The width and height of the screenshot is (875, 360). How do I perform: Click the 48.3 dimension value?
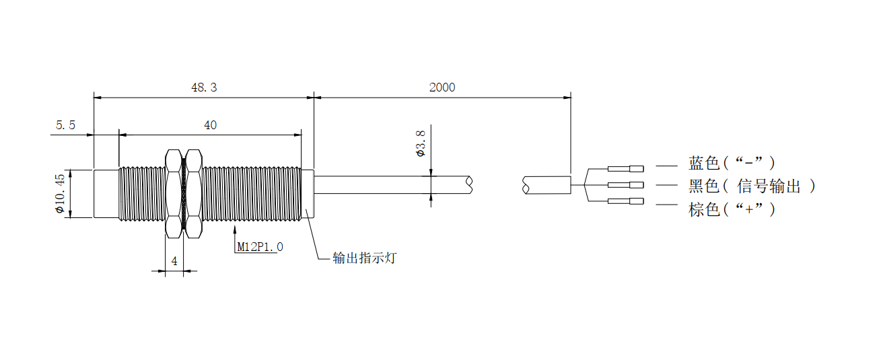[x=205, y=87]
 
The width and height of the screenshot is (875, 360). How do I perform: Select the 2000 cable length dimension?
[x=442, y=87]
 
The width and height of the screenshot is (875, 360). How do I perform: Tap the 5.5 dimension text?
[x=65, y=125]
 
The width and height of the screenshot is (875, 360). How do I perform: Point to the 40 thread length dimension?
[x=210, y=125]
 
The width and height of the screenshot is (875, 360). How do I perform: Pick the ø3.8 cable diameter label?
[x=421, y=144]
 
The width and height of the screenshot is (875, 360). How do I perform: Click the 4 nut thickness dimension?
[x=174, y=261]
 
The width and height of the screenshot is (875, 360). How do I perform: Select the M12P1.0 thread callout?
[x=260, y=247]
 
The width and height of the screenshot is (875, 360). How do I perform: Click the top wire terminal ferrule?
[x=625, y=168]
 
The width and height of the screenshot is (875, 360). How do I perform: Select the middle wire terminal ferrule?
[x=625, y=185]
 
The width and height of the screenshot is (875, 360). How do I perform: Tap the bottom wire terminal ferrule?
[x=625, y=202]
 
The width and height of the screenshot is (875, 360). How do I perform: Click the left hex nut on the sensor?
[x=173, y=194]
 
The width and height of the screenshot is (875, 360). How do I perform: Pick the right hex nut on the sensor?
[x=193, y=194]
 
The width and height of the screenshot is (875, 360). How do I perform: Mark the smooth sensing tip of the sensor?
[x=106, y=194]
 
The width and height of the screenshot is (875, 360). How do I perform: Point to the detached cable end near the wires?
[x=547, y=185]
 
